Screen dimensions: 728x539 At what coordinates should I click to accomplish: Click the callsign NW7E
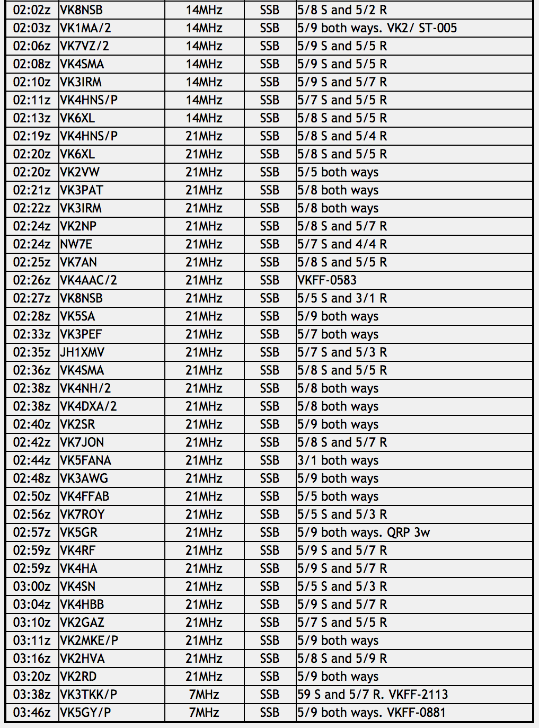76,244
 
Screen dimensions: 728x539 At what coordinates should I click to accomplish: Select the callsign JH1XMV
82,352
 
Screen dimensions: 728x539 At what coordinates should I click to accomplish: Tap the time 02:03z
32,28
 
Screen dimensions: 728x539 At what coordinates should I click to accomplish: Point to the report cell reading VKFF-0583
327,280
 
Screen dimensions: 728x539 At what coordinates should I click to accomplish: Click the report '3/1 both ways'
338,460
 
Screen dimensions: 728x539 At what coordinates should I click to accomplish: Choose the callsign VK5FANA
85,460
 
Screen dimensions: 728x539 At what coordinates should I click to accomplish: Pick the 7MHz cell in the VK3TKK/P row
204,695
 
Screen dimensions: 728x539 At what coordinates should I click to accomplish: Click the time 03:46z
32,713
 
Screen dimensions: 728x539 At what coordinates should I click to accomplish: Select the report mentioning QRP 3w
364,532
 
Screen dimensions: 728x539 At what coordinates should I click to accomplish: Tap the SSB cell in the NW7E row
270,244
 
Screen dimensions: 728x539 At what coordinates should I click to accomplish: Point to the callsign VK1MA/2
85,28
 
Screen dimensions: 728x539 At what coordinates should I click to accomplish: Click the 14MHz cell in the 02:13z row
204,118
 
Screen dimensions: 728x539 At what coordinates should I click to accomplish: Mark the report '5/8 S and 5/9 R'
342,659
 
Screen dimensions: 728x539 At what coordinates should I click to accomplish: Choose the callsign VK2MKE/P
89,641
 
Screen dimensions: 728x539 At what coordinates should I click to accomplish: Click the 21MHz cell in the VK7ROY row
204,514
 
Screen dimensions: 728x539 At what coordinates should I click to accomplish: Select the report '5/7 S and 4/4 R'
342,244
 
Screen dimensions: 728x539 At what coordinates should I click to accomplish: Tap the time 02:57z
32,532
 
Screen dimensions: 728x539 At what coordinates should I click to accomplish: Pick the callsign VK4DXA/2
89,406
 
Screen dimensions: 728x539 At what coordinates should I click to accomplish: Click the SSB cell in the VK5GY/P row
270,713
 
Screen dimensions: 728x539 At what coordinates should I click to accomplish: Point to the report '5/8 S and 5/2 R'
342,10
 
